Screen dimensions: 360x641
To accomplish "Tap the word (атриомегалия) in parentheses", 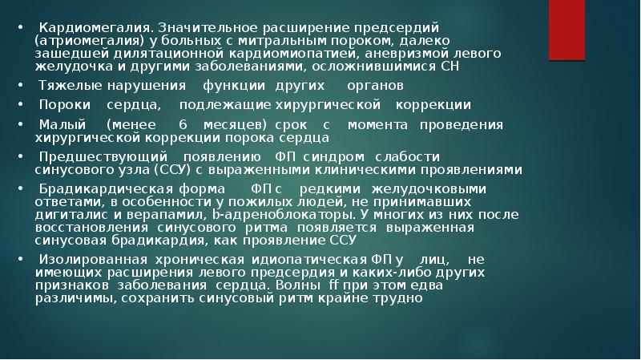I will [79, 39].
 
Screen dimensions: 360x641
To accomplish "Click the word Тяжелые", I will [66, 85].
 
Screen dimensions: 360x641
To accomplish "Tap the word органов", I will [375, 85].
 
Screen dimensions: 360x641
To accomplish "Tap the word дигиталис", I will [68, 215].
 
